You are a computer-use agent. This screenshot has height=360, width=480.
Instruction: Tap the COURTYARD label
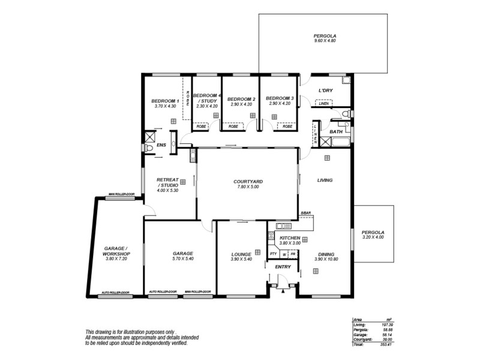[x=248, y=181]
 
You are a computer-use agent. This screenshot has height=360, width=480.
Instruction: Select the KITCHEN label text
[x=290, y=238]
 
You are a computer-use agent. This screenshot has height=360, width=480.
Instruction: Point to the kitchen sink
[x=280, y=226]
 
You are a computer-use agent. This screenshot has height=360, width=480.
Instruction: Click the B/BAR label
[x=306, y=214]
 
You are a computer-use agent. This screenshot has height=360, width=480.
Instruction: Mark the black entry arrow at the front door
[x=282, y=292]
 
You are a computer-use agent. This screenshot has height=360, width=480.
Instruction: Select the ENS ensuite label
[x=160, y=145]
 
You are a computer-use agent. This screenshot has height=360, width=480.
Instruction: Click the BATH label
[x=336, y=131]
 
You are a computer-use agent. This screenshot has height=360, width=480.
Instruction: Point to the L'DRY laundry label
[x=325, y=91]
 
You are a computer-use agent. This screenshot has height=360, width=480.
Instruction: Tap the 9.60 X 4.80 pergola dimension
[x=325, y=41]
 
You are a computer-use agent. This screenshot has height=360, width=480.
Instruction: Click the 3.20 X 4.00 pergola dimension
[x=372, y=238]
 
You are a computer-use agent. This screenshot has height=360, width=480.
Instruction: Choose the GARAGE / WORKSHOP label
[x=116, y=251]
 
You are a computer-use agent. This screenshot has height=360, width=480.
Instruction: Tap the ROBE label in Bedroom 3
[x=287, y=127]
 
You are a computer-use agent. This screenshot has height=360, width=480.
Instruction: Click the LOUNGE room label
[x=241, y=254]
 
